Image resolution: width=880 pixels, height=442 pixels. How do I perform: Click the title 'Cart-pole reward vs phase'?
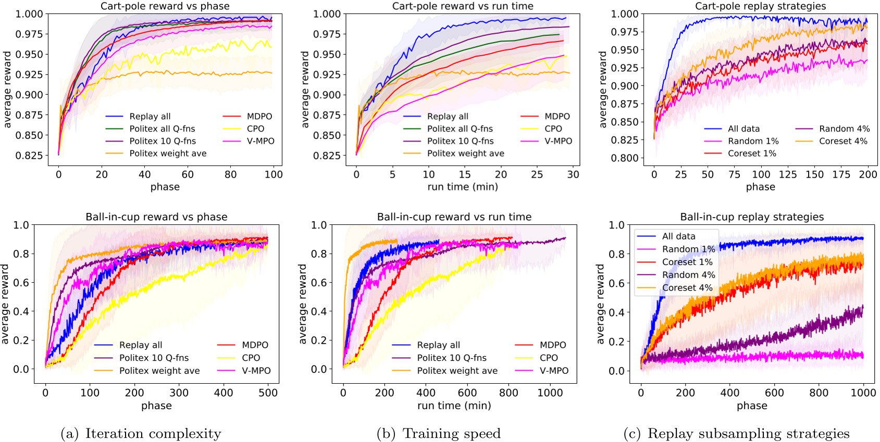point(165,6)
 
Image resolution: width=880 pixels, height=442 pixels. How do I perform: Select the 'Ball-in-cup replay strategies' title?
point(752,217)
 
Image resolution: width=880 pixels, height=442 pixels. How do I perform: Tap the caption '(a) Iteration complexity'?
point(141,433)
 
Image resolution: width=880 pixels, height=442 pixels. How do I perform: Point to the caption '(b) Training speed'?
point(438,433)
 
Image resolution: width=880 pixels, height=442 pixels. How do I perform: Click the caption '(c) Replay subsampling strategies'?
point(736,433)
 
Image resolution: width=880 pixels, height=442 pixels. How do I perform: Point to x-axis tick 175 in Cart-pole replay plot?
point(841,174)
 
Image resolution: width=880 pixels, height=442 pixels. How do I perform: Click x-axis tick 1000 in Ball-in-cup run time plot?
point(550,393)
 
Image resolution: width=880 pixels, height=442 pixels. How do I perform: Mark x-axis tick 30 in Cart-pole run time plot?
point(573,174)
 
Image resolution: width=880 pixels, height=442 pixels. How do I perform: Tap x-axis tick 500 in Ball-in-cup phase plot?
point(268,393)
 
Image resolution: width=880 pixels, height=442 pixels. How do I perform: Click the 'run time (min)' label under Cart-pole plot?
point(463,187)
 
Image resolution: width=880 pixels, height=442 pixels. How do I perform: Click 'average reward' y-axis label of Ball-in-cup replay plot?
point(601,304)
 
